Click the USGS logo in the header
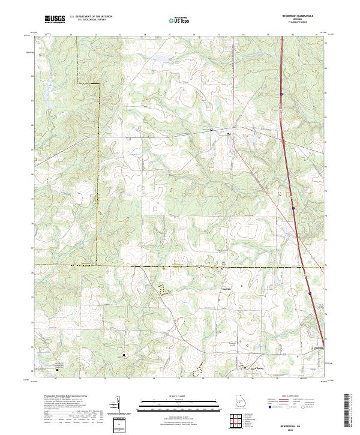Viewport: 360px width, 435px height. pyautogui.click(x=54, y=20)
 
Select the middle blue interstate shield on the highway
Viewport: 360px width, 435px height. pyautogui.click(x=294, y=208)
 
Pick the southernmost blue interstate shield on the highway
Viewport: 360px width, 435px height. pyautogui.click(x=310, y=293)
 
